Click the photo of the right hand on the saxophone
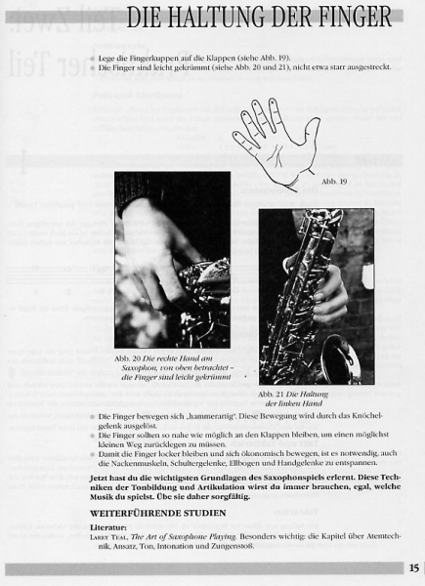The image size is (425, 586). point(172,259)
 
